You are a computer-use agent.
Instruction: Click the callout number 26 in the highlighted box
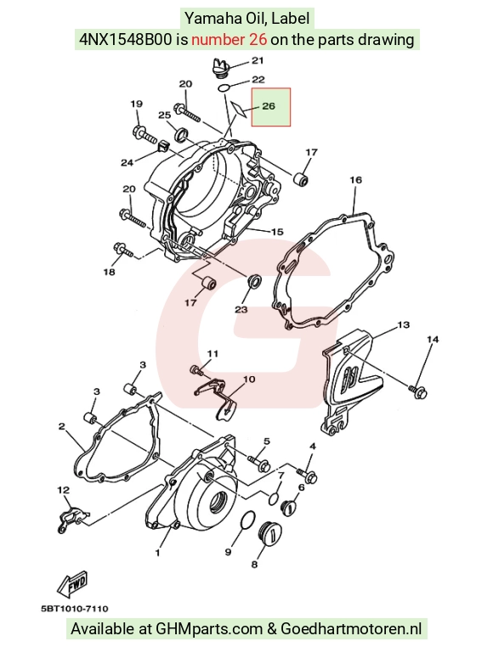269,106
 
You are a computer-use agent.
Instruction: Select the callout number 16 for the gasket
356,180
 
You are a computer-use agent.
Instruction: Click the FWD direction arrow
73,583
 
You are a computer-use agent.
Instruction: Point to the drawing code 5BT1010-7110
75,608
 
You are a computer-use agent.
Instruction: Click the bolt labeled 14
418,390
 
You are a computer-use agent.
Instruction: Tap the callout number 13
404,324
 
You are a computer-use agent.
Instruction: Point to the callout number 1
157,553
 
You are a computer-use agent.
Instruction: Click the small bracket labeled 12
71,518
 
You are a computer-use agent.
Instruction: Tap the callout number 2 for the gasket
61,426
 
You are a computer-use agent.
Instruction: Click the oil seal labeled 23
254,281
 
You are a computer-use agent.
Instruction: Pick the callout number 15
277,232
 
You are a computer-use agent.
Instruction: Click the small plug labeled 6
289,507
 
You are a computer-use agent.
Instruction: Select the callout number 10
249,379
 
